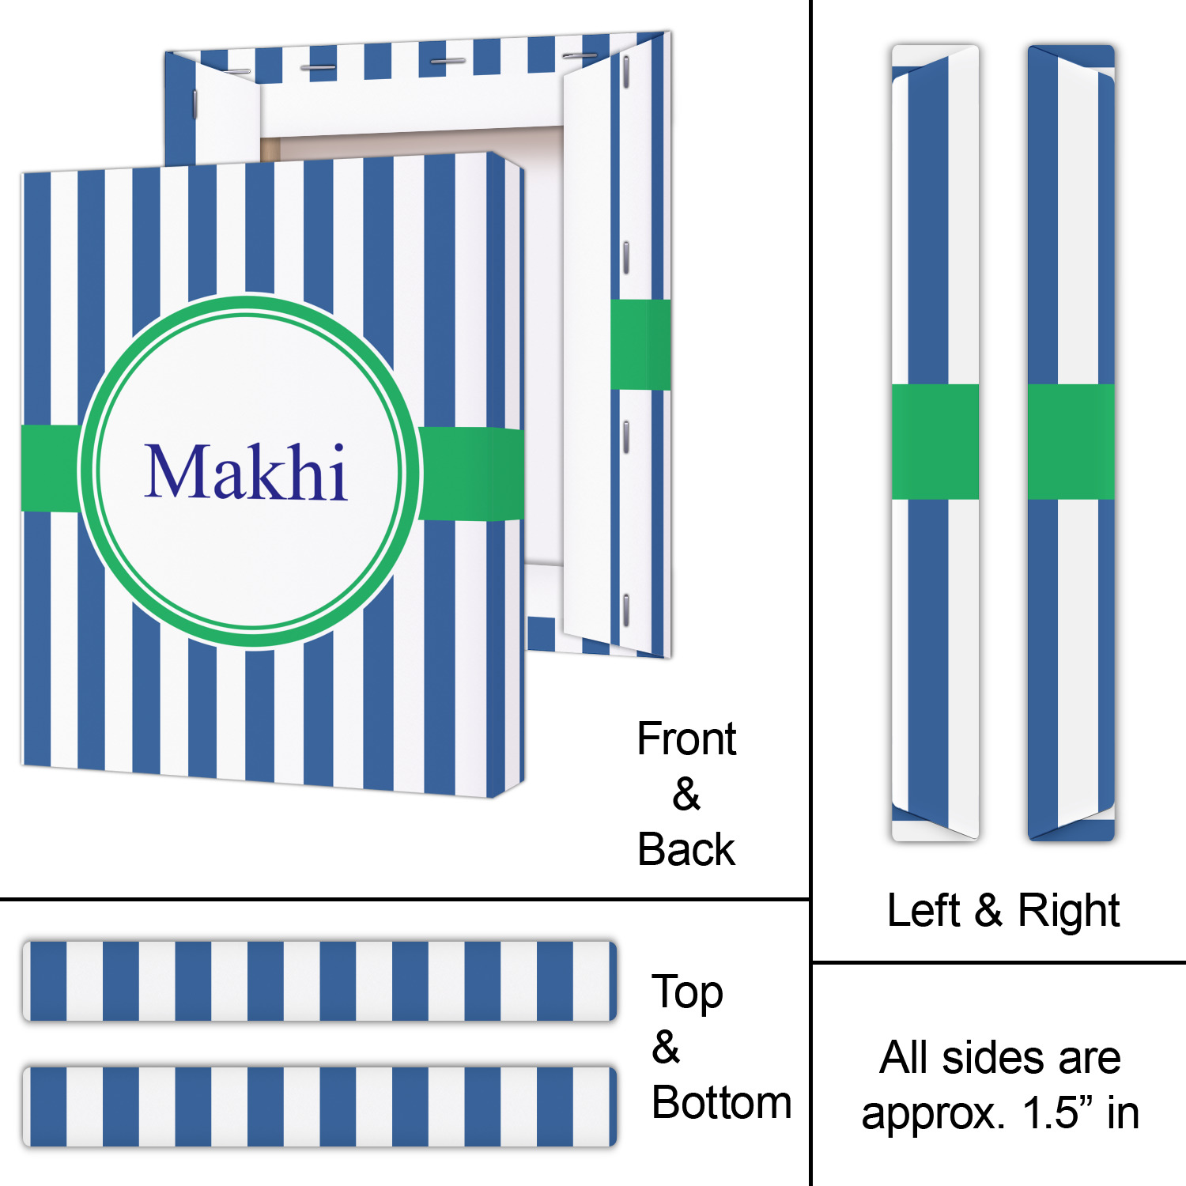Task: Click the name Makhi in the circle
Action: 246,472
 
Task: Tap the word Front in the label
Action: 686,740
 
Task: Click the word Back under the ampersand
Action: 686,850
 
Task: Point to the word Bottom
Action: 721,1103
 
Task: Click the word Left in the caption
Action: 923,911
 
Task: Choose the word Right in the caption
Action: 1068,911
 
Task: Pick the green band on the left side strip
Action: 935,442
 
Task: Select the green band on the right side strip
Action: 1071,442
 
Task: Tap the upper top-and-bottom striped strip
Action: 319,981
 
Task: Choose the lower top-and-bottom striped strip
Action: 319,1106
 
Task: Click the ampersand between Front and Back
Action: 686,795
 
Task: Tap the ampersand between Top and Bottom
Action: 666,1048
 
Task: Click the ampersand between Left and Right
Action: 988,911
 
